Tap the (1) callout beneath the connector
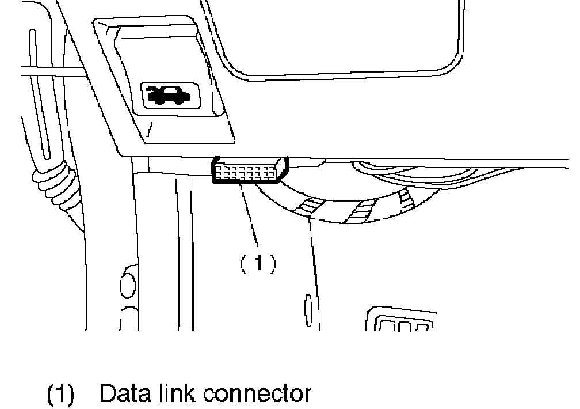257,263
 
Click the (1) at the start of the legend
60,395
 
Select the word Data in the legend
123,394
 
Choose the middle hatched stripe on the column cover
361,211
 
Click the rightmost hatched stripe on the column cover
406,199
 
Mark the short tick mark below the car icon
150,130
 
